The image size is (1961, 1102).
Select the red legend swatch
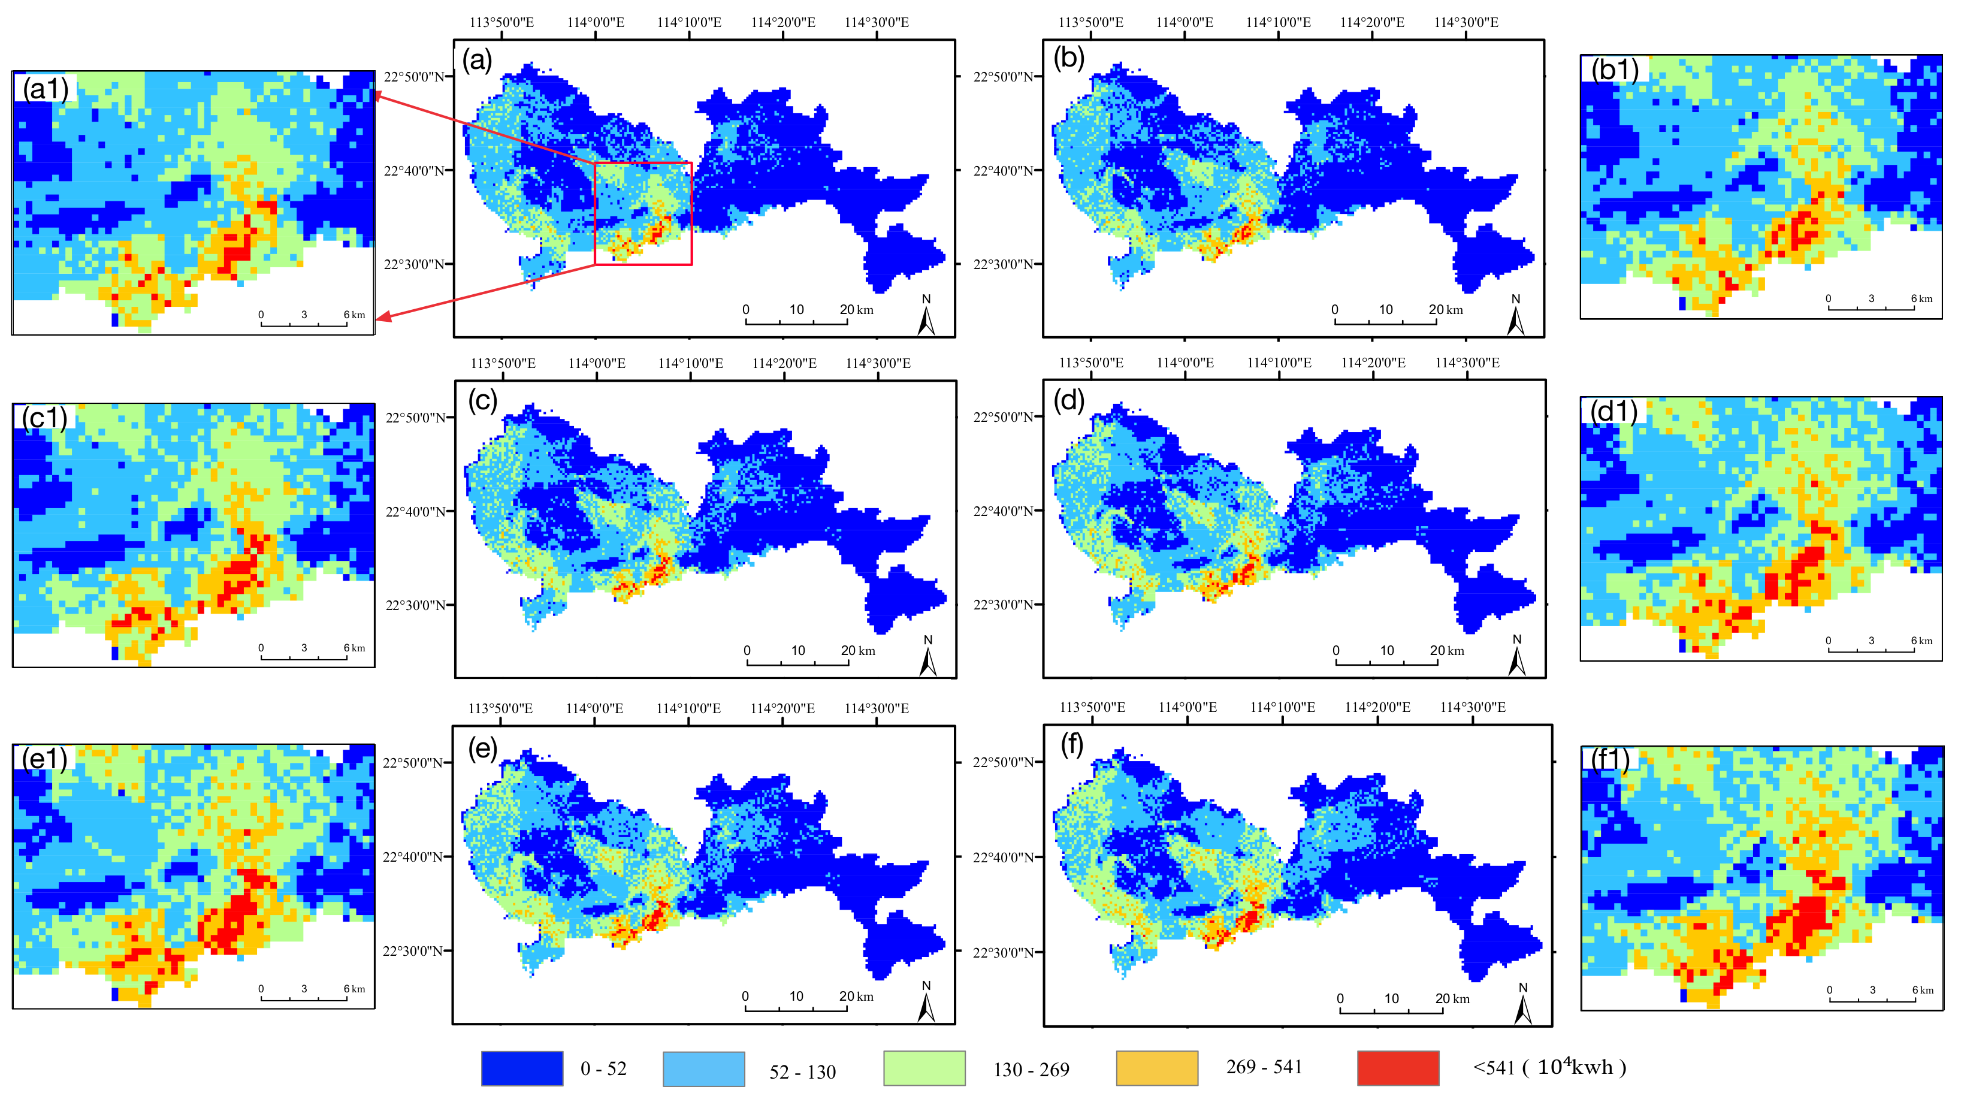coord(1398,1068)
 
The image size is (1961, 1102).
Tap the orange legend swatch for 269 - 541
coord(1156,1068)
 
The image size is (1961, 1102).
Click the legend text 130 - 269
coord(1031,1070)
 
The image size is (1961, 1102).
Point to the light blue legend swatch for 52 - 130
coord(703,1068)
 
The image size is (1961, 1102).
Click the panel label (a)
coord(478,59)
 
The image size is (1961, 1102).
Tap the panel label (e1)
coord(45,759)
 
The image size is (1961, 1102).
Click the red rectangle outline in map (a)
coord(691,213)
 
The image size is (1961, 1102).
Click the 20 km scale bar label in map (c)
coord(857,650)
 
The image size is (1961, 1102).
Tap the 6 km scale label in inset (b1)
coord(1921,298)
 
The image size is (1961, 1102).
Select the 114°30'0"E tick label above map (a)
coord(876,22)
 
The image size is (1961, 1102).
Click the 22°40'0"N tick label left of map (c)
coord(415,511)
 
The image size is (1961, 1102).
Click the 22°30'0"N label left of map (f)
coord(1004,952)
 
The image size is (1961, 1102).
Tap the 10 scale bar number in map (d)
coord(1387,650)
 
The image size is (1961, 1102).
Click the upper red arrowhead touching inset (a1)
coord(377,95)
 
